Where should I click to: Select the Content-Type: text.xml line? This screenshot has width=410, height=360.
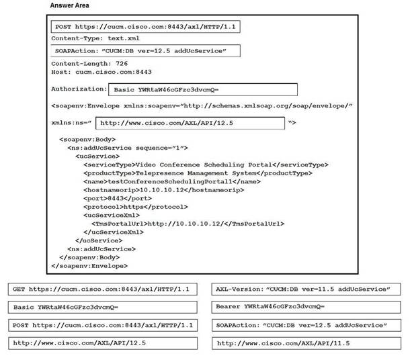point(95,38)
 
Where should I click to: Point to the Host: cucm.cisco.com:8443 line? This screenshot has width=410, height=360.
point(101,71)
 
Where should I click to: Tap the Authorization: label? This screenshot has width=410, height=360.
point(78,88)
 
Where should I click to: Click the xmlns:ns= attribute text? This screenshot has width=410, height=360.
point(71,123)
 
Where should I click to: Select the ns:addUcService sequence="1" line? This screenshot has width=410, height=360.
point(126,148)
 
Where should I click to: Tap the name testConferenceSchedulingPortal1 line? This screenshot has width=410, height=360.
point(171,181)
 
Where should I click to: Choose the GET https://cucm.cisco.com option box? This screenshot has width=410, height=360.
point(104,289)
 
